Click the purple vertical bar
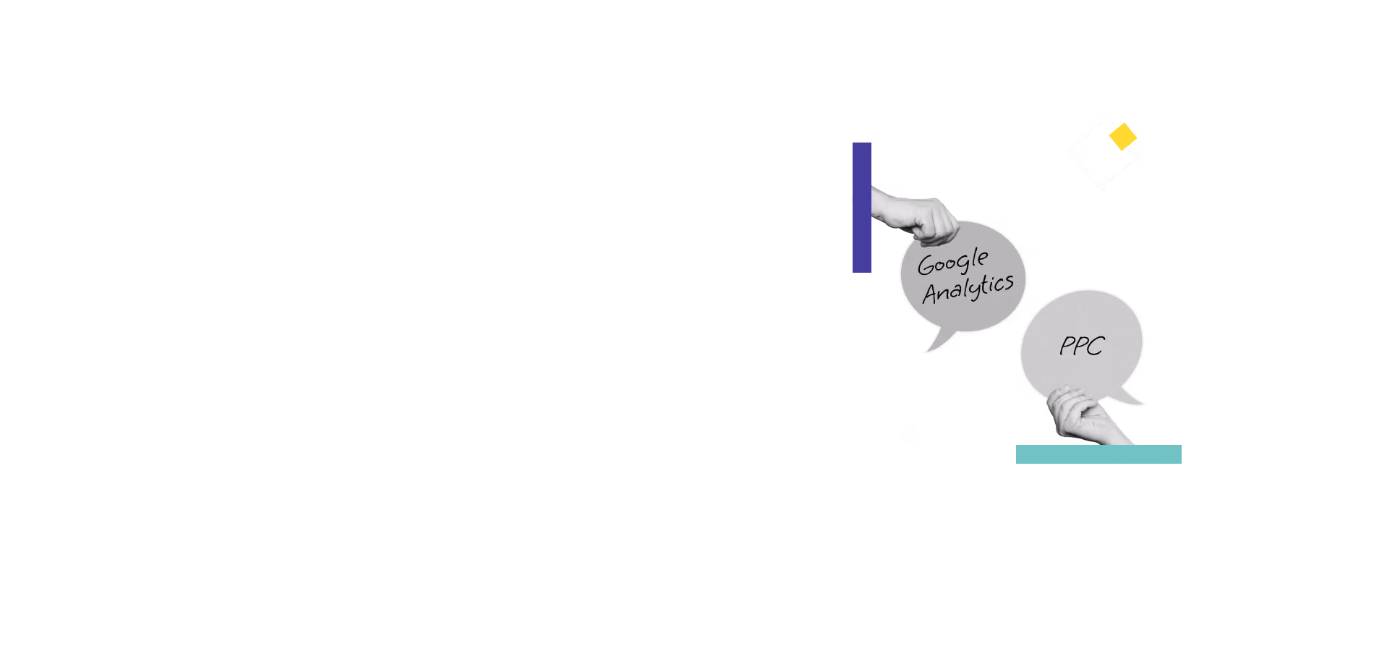click(x=862, y=208)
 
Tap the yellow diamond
click(x=1123, y=137)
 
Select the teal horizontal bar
click(x=1098, y=454)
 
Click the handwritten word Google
click(x=953, y=262)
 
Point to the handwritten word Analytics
click(x=968, y=288)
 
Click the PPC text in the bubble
click(x=1082, y=346)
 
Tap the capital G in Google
click(x=926, y=266)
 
